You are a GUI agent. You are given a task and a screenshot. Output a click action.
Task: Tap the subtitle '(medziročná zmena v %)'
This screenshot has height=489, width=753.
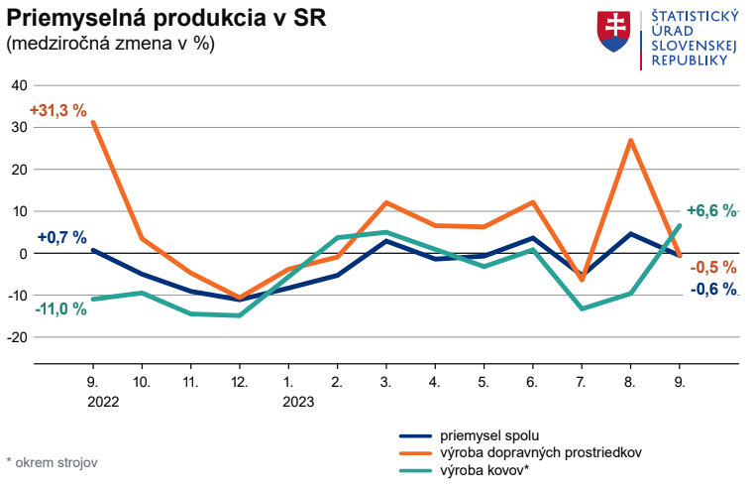coord(110,45)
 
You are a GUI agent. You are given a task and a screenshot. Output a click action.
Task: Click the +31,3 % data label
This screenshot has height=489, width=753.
coord(58,111)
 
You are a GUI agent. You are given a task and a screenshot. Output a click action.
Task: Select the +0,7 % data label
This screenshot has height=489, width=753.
coord(62,238)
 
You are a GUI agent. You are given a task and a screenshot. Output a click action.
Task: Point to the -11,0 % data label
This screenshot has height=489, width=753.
coord(61,308)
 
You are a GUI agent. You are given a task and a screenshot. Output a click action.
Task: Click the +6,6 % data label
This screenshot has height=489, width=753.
coord(711,210)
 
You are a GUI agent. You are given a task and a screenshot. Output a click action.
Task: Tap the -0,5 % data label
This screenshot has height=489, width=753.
coord(714,267)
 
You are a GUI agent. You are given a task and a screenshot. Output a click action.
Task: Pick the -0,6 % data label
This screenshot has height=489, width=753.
coord(713,289)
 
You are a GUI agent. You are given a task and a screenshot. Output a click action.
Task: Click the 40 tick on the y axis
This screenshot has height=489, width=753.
coord(19,85)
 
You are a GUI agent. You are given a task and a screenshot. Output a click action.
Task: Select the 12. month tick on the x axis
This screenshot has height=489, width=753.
coord(239,381)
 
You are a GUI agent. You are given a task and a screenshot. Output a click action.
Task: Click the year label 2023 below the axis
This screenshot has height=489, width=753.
coord(298,402)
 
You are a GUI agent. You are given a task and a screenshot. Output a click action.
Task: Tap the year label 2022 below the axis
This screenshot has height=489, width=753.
coord(103,402)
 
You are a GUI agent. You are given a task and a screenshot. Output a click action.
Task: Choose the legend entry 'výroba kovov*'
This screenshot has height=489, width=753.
coord(484,469)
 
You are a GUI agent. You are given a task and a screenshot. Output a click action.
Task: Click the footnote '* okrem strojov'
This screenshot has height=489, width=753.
coord(52,462)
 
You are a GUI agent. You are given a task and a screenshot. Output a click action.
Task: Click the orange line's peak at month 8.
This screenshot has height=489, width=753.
coord(630,141)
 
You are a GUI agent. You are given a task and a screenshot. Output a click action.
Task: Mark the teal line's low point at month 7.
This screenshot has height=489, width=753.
coord(582,308)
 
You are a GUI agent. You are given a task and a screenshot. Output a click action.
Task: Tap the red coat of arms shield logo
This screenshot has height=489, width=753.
coord(614,32)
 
